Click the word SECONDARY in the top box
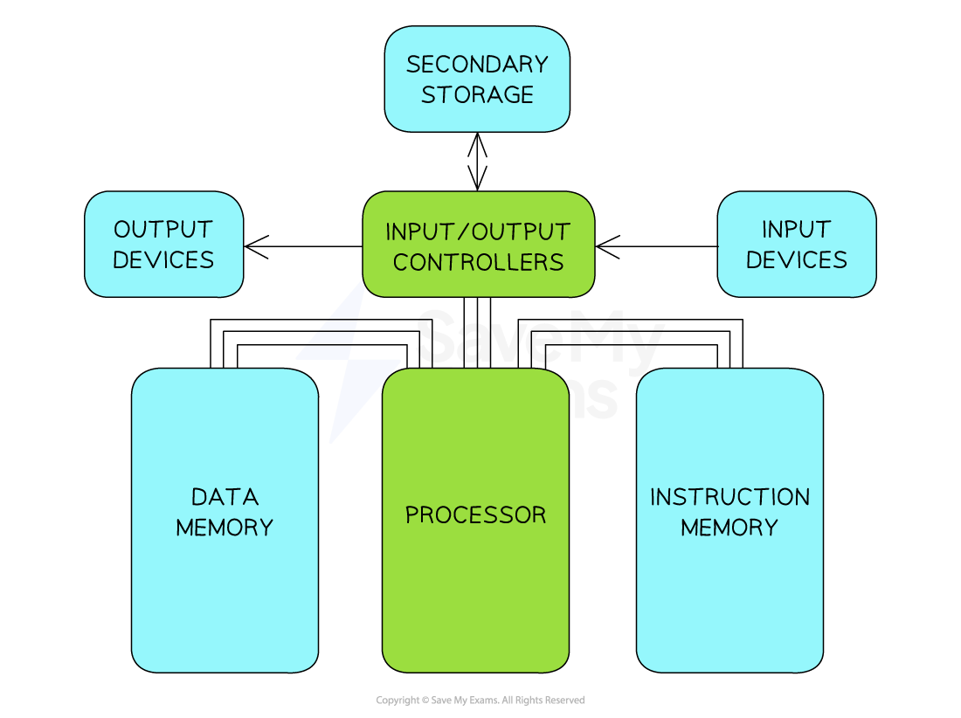point(477,65)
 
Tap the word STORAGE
point(477,95)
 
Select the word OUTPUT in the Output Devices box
point(163,230)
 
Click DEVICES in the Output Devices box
point(163,260)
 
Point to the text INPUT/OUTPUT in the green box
point(478,232)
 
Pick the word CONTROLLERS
point(478,262)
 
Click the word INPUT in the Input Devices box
point(796,230)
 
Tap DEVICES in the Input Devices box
point(796,260)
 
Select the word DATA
point(225,497)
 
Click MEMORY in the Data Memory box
point(225,528)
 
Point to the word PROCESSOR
point(475,515)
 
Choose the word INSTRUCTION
point(729,497)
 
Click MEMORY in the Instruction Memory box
point(729,528)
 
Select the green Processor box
point(475,594)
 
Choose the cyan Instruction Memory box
point(729,603)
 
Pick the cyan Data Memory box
point(225,603)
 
